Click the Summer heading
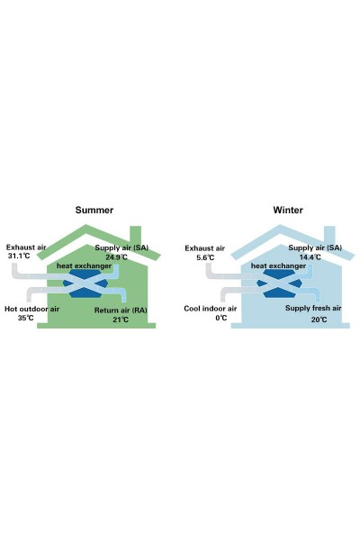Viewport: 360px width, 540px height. tap(94, 210)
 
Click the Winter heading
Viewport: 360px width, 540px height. tap(288, 210)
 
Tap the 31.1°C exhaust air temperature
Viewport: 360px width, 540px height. tap(19, 256)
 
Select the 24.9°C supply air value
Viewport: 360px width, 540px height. tap(116, 256)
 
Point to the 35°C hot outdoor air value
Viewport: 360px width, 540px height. tap(26, 318)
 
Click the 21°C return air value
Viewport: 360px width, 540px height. tap(121, 319)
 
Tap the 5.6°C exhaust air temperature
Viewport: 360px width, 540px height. tap(205, 257)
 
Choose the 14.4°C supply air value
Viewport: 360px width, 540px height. tap(310, 256)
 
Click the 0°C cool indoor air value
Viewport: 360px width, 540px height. tap(221, 318)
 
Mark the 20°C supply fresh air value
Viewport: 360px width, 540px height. tap(319, 319)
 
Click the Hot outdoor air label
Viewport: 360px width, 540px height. tap(31, 309)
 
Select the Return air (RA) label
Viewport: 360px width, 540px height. tap(121, 310)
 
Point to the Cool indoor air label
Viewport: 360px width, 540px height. tap(210, 309)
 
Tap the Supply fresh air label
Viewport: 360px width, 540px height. tap(313, 308)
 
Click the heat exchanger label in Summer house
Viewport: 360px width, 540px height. tap(84, 265)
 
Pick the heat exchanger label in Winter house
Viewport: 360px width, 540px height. tap(278, 265)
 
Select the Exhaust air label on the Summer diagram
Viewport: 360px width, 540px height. tap(26, 247)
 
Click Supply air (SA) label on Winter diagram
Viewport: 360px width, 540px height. tap(315, 247)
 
